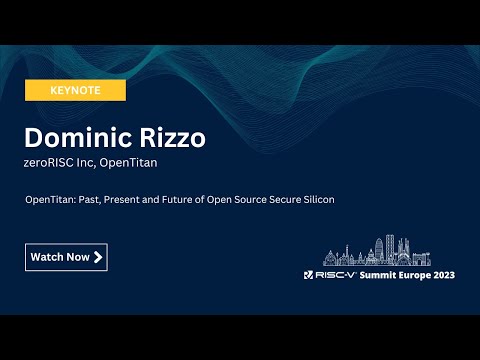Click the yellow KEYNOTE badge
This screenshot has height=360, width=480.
click(x=75, y=90)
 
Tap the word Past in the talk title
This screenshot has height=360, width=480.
click(x=94, y=200)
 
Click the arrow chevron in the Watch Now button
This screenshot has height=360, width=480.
click(x=98, y=257)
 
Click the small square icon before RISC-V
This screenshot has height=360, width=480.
click(x=309, y=275)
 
